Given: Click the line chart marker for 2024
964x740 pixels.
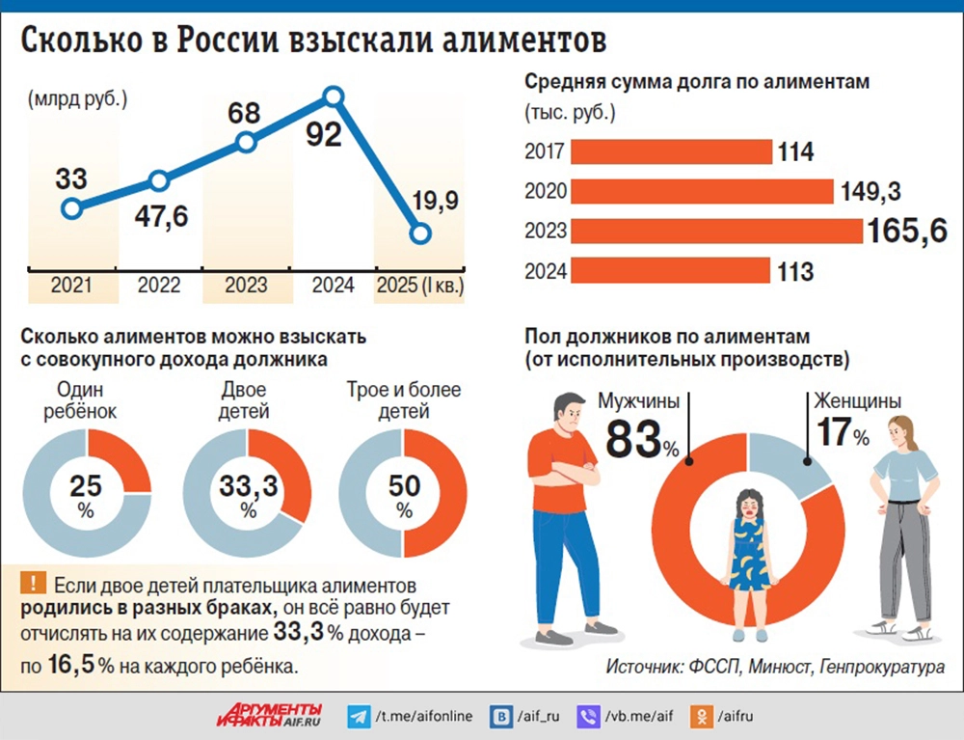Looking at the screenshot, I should tap(333, 96).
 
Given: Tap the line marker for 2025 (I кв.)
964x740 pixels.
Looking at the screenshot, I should tap(418, 233).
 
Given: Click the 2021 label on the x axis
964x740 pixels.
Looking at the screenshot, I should tap(71, 285).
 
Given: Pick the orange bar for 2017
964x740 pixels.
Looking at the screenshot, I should tap(671, 151).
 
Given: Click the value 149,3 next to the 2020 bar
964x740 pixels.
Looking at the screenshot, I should tap(870, 191).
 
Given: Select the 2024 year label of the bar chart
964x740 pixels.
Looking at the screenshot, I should tap(545, 271).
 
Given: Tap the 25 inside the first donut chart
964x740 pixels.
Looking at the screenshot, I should tap(86, 484).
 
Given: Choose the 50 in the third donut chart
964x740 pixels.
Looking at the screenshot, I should tap(404, 484).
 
